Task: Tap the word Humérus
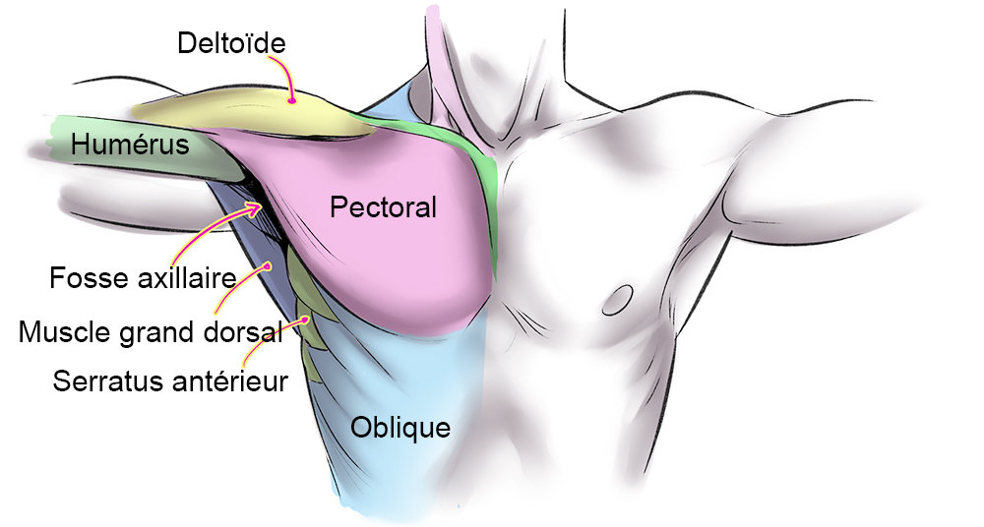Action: pyautogui.click(x=129, y=146)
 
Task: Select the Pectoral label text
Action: pyautogui.click(x=383, y=208)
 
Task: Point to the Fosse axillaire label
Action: pyautogui.click(x=144, y=278)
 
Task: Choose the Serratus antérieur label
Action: pyautogui.click(x=170, y=380)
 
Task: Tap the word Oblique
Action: pyautogui.click(x=400, y=428)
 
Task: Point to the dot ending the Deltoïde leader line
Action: pyautogui.click(x=292, y=99)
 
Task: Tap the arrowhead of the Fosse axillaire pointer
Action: pyautogui.click(x=262, y=205)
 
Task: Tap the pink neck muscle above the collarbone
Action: pyautogui.click(x=443, y=69)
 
